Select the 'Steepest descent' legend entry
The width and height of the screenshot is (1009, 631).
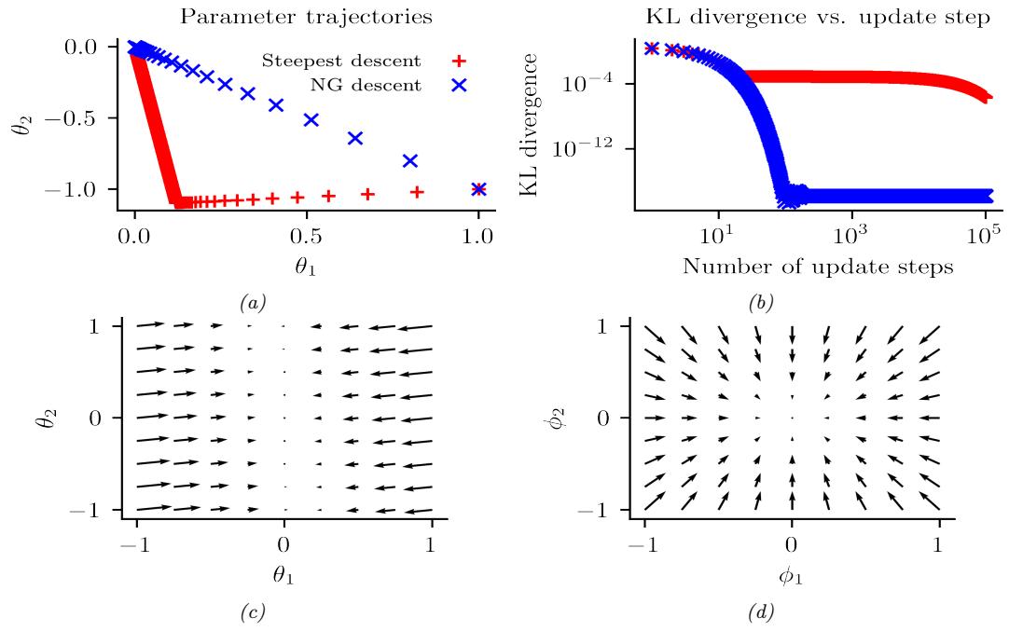341,62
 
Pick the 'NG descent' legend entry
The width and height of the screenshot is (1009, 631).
368,87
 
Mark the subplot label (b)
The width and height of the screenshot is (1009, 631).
761,302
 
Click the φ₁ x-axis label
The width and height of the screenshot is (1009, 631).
791,575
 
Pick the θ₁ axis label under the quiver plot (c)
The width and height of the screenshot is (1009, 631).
284,575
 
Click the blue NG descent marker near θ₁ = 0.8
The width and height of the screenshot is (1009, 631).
409,161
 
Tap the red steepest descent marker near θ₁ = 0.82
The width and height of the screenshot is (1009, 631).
417,192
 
